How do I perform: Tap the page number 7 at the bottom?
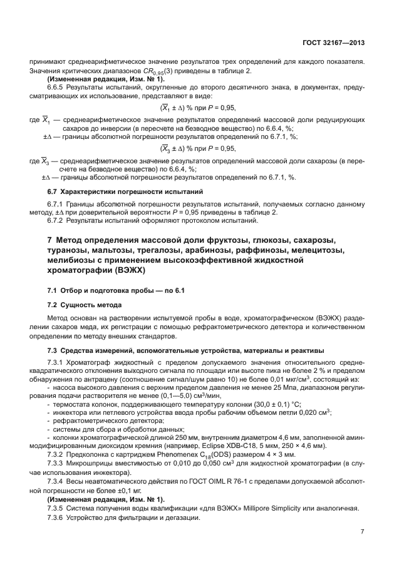pyautogui.click(x=363, y=532)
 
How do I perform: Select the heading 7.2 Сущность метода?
pyautogui.click(x=85, y=304)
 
